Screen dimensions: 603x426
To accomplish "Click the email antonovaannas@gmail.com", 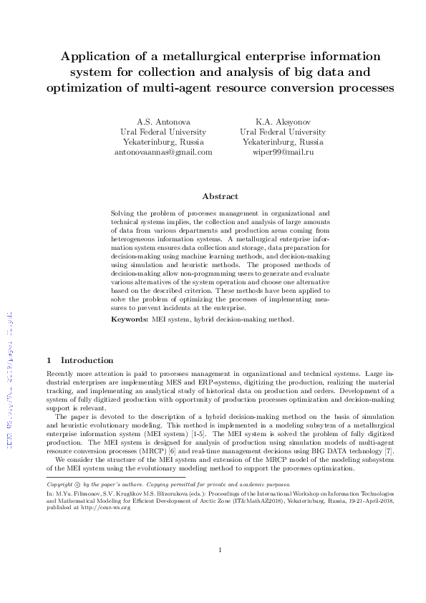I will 164,152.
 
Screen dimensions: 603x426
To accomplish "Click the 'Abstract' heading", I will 220,196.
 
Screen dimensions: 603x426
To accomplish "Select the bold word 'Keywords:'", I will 130,317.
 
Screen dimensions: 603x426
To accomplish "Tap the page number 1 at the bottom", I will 220,550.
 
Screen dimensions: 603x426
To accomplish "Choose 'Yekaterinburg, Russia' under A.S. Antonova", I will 164,142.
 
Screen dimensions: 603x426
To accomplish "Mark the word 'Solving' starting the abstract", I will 125,213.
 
